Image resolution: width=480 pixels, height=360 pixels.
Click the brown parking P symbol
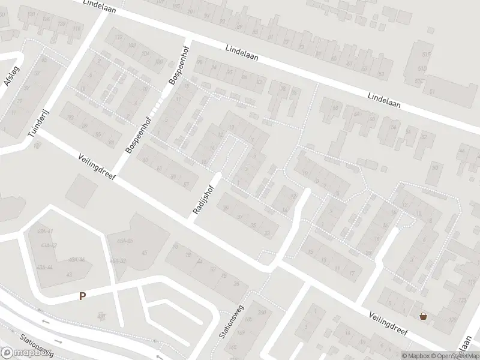click(x=82, y=296)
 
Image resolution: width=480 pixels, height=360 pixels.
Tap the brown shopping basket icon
click(x=424, y=316)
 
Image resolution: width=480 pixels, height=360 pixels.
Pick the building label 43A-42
click(x=47, y=245)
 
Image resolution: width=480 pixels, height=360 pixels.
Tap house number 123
click(x=461, y=301)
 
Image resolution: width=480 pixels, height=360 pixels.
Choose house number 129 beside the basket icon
click(x=452, y=320)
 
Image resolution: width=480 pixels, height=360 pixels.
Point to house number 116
click(x=76, y=29)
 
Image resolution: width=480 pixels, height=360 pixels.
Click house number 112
click(x=118, y=37)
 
